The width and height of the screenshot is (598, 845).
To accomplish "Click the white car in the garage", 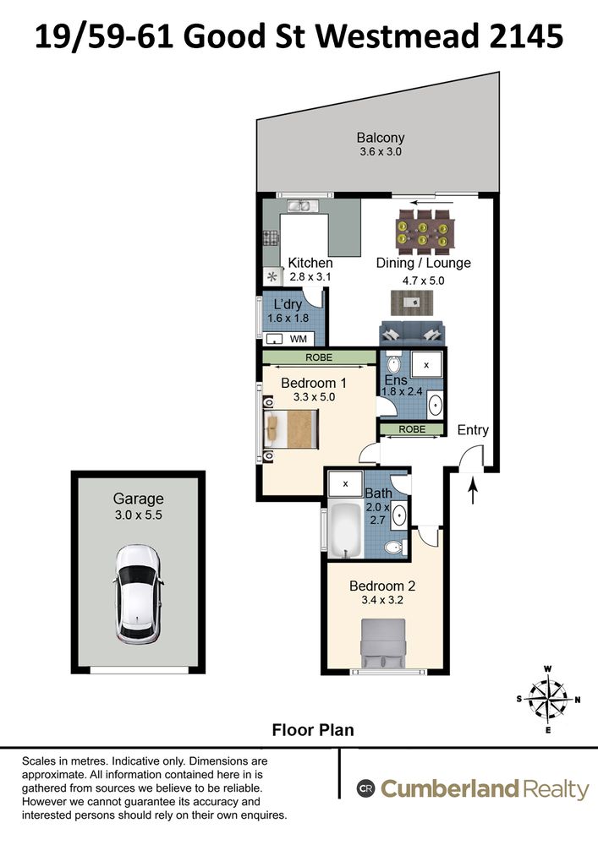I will coord(137,596).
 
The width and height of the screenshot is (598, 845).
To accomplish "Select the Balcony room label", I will coord(380,138).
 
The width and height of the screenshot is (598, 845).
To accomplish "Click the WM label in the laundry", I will coord(299,338).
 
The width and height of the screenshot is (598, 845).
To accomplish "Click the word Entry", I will coord(473,430).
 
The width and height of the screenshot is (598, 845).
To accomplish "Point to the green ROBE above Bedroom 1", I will coord(318,357).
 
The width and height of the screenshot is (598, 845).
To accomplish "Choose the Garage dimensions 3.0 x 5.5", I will coord(138,515).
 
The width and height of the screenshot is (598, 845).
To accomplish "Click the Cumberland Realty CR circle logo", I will coord(366,789).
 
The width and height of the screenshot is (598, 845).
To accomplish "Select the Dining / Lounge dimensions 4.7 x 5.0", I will coord(423,280).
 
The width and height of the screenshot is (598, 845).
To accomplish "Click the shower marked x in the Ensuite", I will coord(426,365).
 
